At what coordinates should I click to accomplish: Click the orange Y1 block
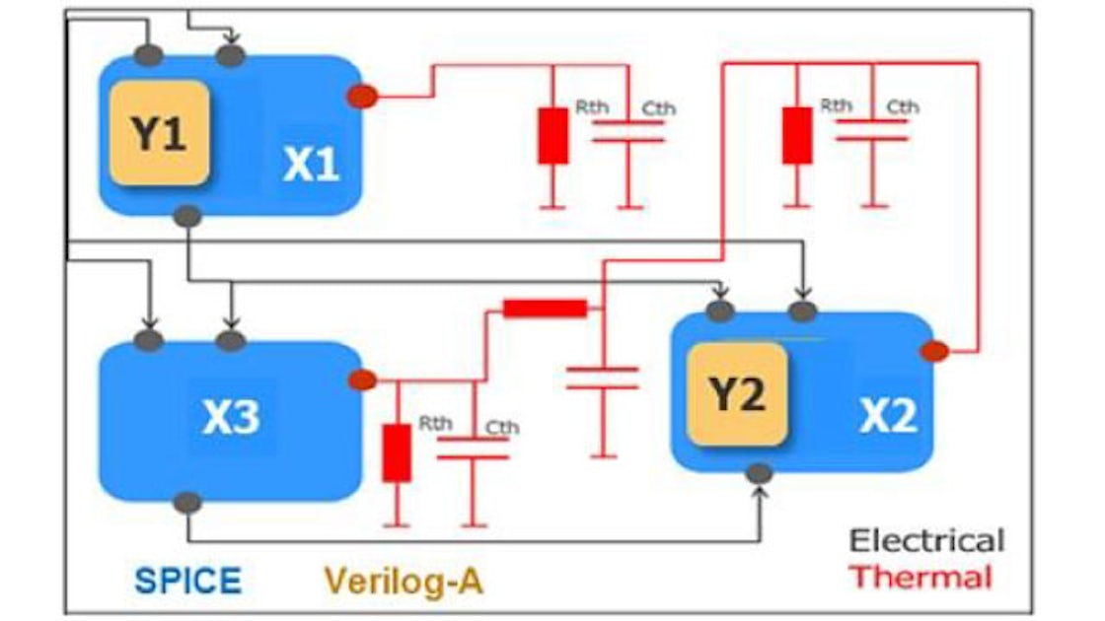pyautogui.click(x=159, y=134)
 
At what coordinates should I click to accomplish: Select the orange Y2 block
pyautogui.click(x=737, y=395)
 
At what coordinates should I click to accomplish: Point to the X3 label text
pyautogui.click(x=231, y=418)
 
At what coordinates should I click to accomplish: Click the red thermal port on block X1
pyautogui.click(x=362, y=96)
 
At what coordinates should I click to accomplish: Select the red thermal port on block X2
pyautogui.click(x=933, y=350)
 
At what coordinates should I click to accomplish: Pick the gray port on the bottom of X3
pyautogui.click(x=186, y=503)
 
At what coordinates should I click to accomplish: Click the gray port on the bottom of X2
pyautogui.click(x=759, y=474)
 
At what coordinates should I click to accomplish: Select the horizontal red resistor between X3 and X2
pyautogui.click(x=545, y=309)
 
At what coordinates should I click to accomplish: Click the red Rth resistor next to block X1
pyautogui.click(x=552, y=136)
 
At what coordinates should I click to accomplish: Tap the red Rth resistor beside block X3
pyautogui.click(x=397, y=453)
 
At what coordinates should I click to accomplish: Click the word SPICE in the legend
pyautogui.click(x=187, y=580)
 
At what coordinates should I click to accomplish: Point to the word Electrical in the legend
pyautogui.click(x=926, y=540)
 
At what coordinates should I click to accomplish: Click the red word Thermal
pyautogui.click(x=921, y=577)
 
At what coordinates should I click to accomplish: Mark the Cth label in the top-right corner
pyautogui.click(x=902, y=106)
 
